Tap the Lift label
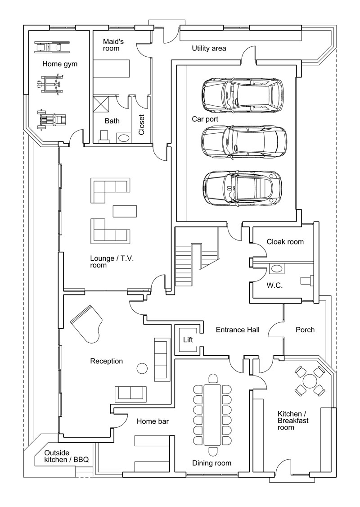(188, 340)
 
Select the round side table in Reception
(142, 368)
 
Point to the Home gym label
(60, 64)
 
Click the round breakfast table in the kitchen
(310, 381)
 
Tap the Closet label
(142, 125)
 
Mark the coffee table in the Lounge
(124, 211)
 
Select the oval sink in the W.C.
(276, 268)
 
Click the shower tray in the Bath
(101, 103)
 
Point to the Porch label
(305, 330)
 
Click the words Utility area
(209, 49)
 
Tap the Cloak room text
(285, 241)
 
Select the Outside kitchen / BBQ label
(67, 456)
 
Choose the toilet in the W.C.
(307, 280)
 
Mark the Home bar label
(153, 421)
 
